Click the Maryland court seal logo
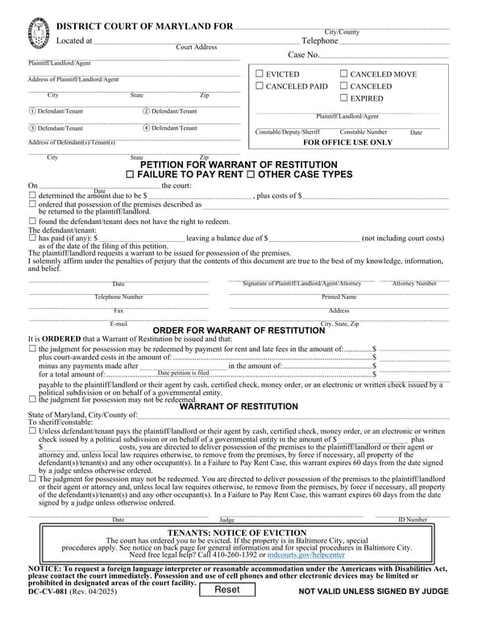click(37, 34)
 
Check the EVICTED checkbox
click(260, 74)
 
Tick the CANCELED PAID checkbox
click(260, 86)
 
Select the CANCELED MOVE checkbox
click(344, 74)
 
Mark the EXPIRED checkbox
click(344, 98)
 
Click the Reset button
click(227, 590)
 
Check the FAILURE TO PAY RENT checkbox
click(131, 175)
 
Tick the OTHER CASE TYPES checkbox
click(250, 175)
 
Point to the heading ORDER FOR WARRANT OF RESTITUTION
click(239, 330)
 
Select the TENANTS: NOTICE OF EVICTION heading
click(239, 534)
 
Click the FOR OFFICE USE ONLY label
click(347, 143)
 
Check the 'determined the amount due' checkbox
click(32, 196)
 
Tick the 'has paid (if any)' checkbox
click(32, 239)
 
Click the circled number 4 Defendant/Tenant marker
click(147, 128)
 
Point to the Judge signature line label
click(227, 521)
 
